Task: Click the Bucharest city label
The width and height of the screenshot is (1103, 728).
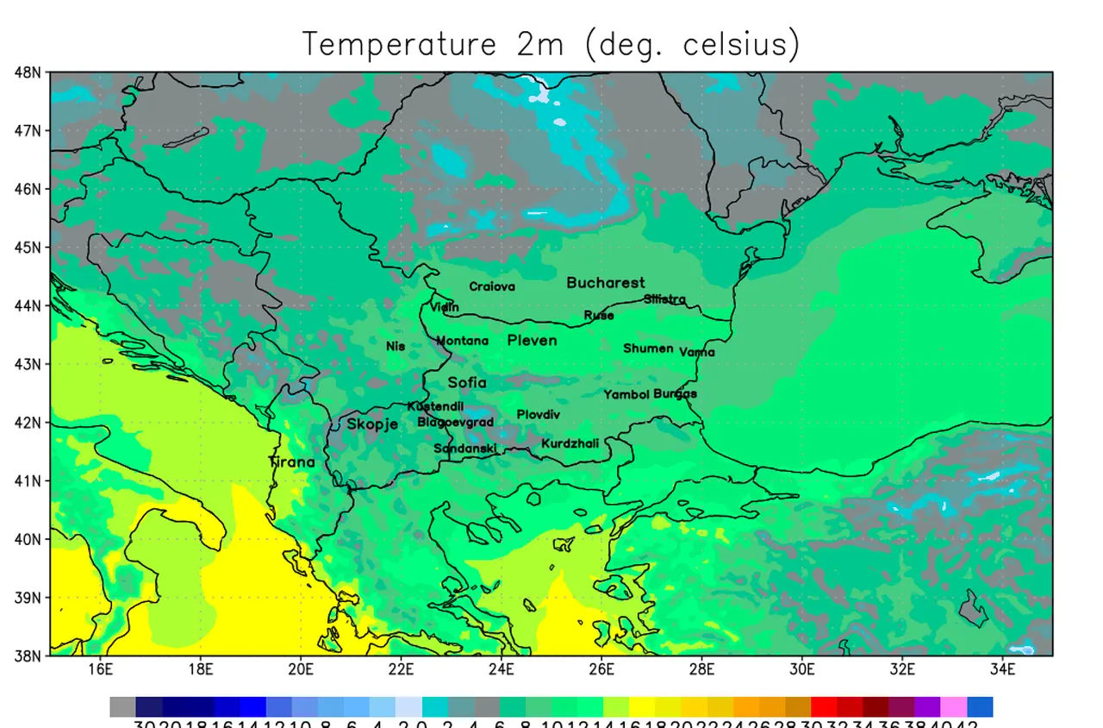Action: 605,283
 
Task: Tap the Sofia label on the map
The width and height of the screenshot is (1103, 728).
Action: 466,382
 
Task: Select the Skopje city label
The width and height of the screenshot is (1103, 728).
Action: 372,424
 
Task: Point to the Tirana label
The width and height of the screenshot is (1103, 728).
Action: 292,461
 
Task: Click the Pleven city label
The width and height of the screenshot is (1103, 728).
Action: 532,341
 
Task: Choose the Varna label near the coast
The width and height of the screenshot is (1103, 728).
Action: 696,352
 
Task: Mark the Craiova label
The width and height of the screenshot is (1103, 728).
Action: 492,286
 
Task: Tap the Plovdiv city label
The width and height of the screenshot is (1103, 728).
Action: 538,415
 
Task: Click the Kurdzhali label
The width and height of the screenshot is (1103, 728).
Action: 570,443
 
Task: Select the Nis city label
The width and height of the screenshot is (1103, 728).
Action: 396,346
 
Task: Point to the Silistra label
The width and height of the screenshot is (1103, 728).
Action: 664,299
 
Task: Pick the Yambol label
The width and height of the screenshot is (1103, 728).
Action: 626,394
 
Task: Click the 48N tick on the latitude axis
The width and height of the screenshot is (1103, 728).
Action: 28,72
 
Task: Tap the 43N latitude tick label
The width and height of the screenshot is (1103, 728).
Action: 28,364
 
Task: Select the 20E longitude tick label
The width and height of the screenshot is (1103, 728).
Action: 301,668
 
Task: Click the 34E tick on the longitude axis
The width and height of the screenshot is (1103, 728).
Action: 1002,668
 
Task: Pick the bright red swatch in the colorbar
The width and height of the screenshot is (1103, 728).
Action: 824,707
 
